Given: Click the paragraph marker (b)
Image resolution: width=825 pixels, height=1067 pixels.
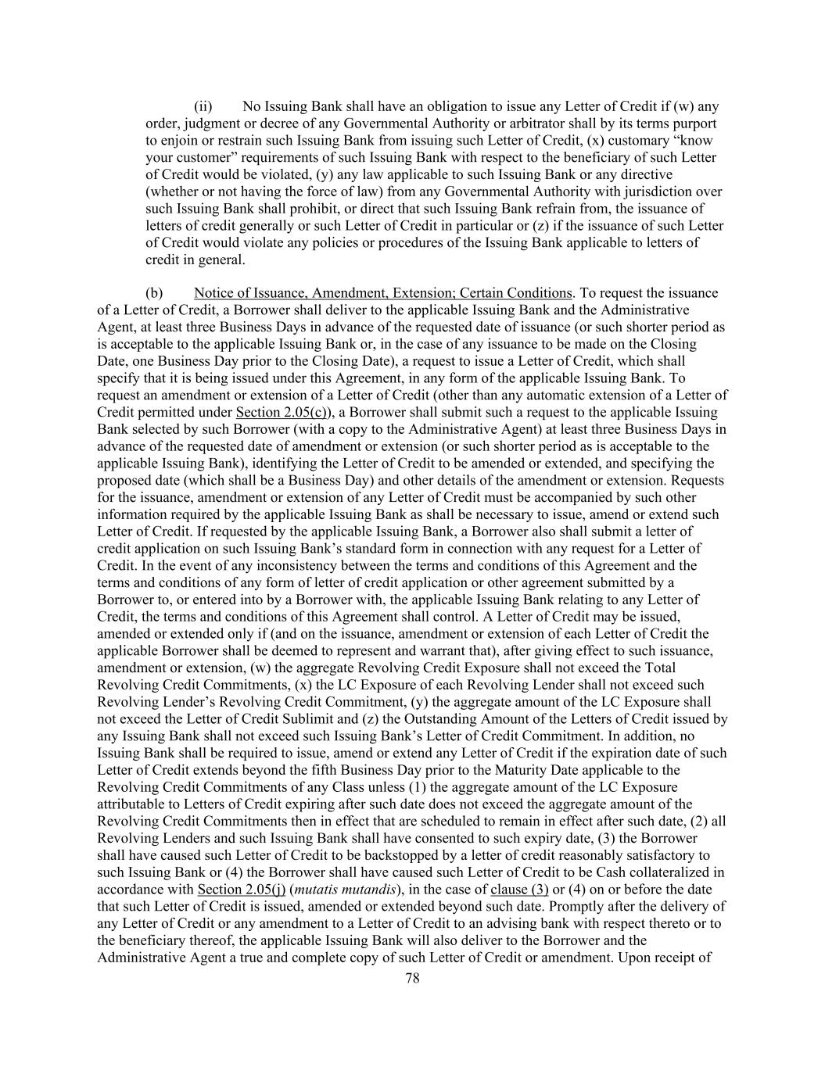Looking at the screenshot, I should pos(154,293).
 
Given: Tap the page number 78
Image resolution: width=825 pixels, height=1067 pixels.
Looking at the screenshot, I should pos(413,978).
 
